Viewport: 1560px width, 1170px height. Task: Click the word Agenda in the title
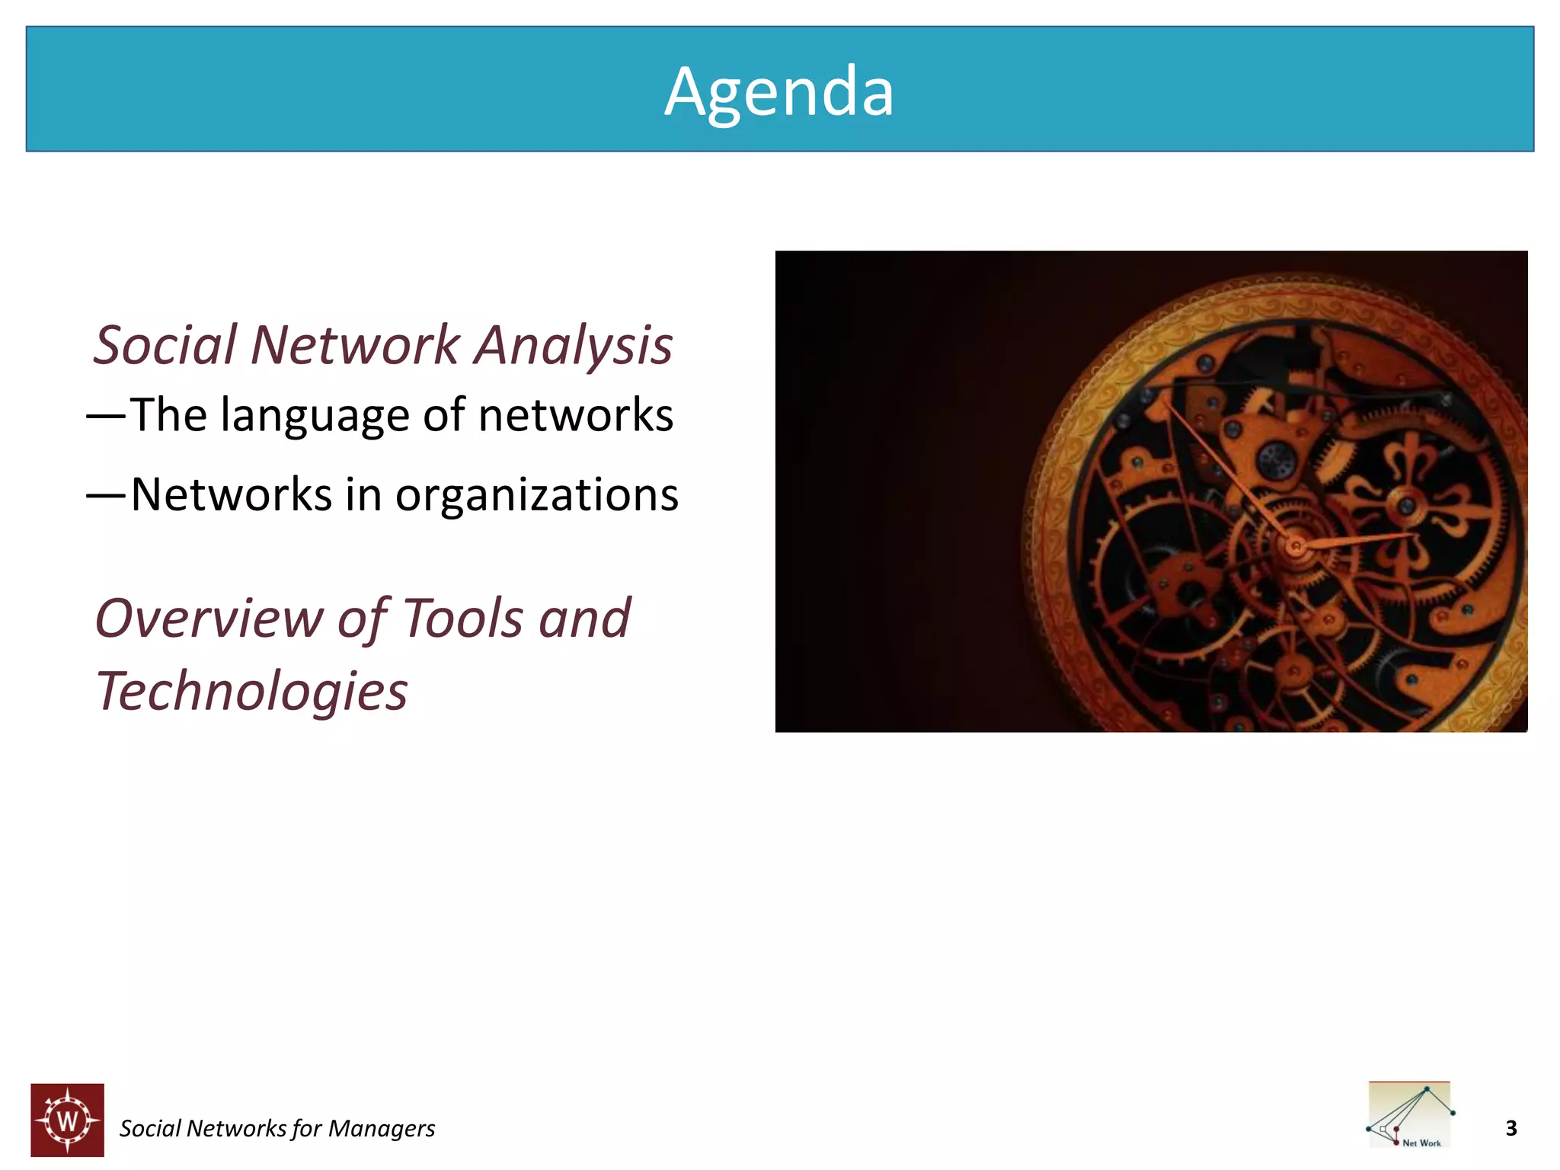coord(778,93)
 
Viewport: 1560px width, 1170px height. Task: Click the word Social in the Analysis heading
coord(165,345)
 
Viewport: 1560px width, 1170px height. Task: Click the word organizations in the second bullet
coord(536,495)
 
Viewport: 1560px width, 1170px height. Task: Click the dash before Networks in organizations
coord(105,496)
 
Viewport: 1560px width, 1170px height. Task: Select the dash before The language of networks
coord(105,416)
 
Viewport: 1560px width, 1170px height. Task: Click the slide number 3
coord(1511,1128)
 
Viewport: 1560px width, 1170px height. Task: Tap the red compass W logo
coord(68,1120)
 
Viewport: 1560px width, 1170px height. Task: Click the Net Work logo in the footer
coord(1410,1114)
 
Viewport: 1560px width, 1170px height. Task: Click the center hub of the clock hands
coord(1296,545)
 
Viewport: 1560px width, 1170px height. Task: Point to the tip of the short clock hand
coord(1411,535)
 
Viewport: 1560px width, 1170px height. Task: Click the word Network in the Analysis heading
coord(355,345)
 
